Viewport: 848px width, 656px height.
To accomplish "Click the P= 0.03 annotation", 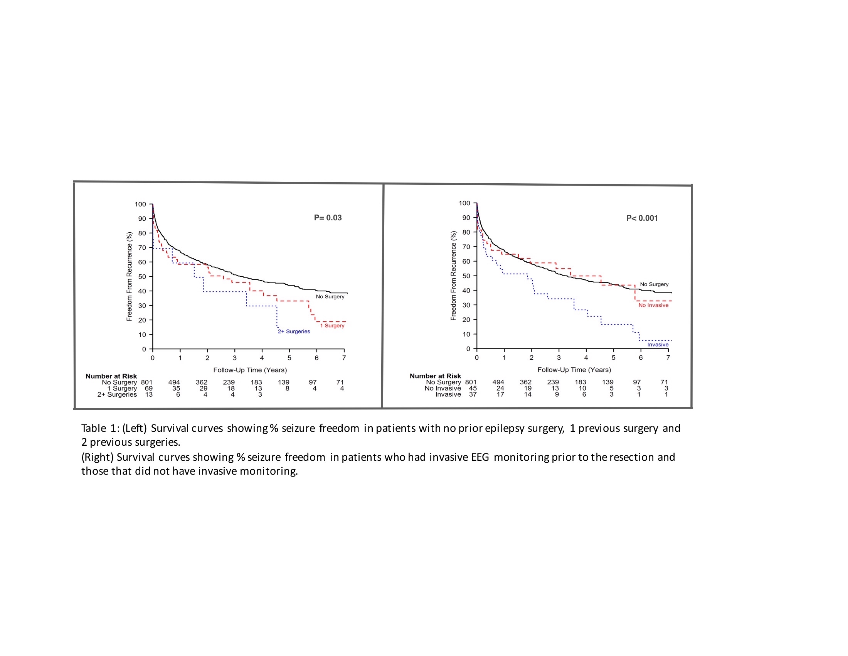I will pyautogui.click(x=328, y=218).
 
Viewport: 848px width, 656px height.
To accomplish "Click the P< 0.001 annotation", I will pyautogui.click(x=642, y=218).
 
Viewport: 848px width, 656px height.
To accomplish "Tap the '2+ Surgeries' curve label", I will pyautogui.click(x=294, y=331).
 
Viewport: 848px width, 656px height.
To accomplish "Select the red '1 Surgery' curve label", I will pyautogui.click(x=332, y=326).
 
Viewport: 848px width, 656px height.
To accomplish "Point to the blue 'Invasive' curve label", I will pyautogui.click(x=658, y=345).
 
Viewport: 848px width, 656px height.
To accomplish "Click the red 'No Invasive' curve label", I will pyautogui.click(x=653, y=306).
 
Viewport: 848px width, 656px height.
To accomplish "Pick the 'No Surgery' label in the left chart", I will pyautogui.click(x=330, y=296).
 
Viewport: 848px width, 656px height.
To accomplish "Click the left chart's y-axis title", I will pyautogui.click(x=129, y=276).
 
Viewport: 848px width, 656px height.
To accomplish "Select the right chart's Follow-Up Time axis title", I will pyautogui.click(x=574, y=370).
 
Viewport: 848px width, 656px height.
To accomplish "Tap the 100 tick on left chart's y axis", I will pyautogui.click(x=140, y=205).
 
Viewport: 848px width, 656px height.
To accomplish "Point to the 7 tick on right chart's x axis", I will pyautogui.click(x=668, y=358).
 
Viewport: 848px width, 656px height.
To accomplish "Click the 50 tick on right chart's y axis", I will pyautogui.click(x=466, y=276).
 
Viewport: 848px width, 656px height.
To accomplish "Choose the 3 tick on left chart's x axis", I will pyautogui.click(x=234, y=358).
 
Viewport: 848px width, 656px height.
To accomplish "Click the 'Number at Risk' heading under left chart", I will pyautogui.click(x=111, y=376).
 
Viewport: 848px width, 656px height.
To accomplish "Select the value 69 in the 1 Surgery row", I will pyautogui.click(x=148, y=388).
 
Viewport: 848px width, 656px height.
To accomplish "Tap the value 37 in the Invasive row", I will pyautogui.click(x=473, y=394).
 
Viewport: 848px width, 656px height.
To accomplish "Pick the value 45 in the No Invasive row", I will pyautogui.click(x=473, y=388).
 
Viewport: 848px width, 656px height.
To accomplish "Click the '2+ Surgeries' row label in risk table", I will pyautogui.click(x=117, y=394).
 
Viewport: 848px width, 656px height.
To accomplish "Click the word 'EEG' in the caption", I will pyautogui.click(x=480, y=457).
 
